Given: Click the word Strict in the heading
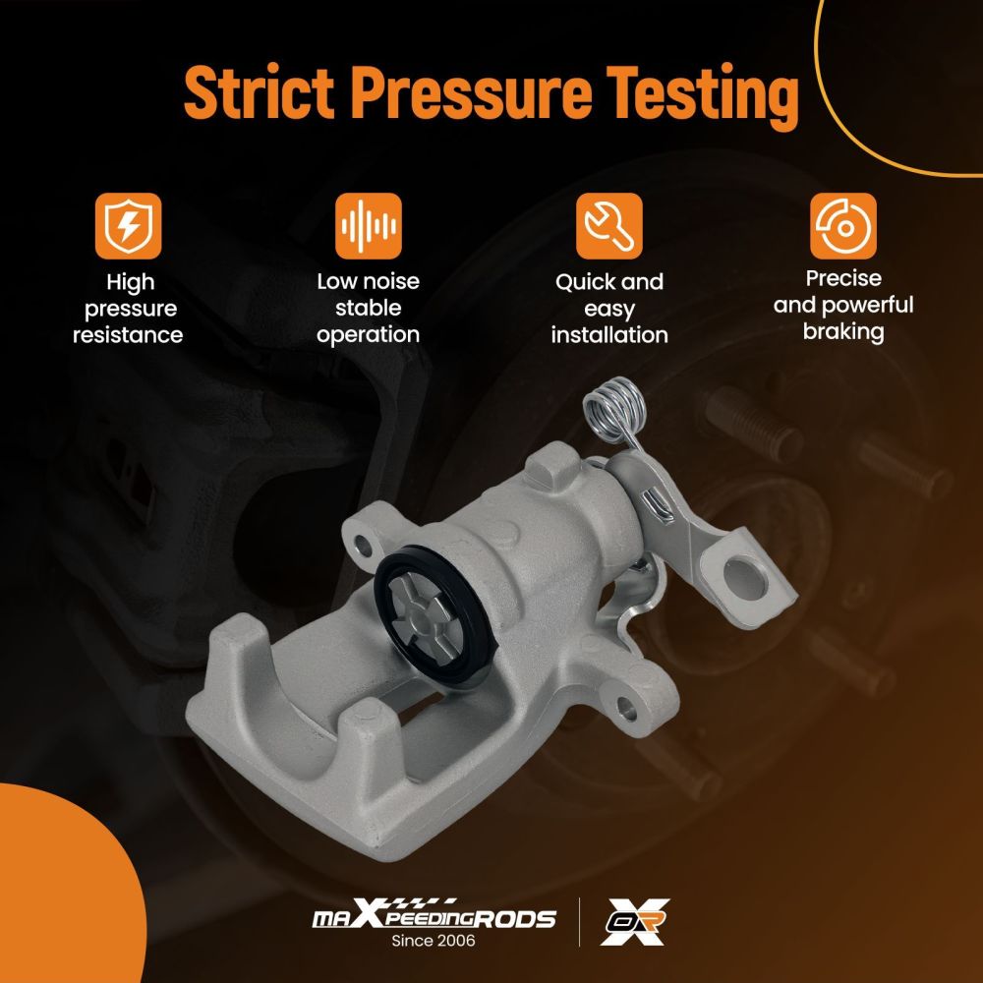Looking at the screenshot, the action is coord(259,92).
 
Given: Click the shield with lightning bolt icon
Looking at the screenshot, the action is coord(129,226).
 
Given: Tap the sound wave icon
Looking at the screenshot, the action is coord(368,226).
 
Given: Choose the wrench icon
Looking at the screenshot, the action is coord(609,226).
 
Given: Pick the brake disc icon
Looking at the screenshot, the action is coord(843,226).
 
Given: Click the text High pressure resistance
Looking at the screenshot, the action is coord(129,309).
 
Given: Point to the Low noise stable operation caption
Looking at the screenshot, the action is coord(368,308).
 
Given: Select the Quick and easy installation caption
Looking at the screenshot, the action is coord(609,309).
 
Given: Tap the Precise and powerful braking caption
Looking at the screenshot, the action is coord(843,305).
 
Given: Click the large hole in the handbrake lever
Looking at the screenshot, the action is coord(745,579).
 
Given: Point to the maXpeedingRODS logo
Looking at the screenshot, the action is coord(434,914).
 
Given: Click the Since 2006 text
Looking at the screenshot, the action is coord(434,941).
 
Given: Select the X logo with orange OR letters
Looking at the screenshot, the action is coord(634,921).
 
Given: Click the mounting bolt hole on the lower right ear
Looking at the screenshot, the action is coord(627,707).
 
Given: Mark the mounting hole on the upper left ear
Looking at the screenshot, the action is coord(363,544).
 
